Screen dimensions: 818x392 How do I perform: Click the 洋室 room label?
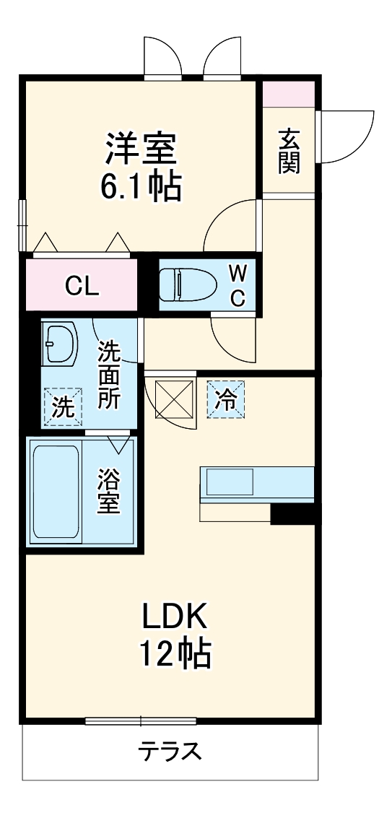(x=141, y=150)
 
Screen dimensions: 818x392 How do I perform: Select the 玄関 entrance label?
(x=289, y=151)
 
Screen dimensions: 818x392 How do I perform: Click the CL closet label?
(x=82, y=287)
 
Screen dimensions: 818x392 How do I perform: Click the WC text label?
(x=238, y=284)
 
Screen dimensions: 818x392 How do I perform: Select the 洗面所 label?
(x=109, y=375)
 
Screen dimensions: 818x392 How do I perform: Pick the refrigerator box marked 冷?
(x=227, y=399)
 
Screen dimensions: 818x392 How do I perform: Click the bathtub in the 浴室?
(x=56, y=491)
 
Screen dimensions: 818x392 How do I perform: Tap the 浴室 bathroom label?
(x=110, y=492)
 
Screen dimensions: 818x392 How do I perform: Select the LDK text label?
(x=175, y=617)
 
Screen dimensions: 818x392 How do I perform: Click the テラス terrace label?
(x=170, y=752)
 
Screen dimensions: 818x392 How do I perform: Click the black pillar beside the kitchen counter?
(x=293, y=514)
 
